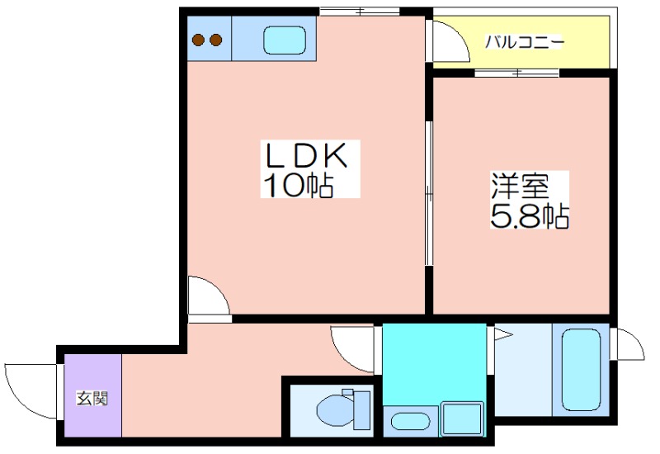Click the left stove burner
[x=198, y=40]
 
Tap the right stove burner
[x=215, y=40]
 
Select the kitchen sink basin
[x=285, y=40]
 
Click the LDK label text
[x=306, y=155]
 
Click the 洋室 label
[x=521, y=186]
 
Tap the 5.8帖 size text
[x=530, y=215]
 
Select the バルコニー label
[x=524, y=42]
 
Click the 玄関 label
[x=92, y=398]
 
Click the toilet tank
[x=361, y=410]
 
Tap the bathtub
[x=581, y=370]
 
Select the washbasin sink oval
[x=410, y=421]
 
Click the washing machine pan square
[x=461, y=419]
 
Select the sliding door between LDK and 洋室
[x=428, y=193]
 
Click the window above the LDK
[x=359, y=12]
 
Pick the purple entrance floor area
[x=92, y=395]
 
